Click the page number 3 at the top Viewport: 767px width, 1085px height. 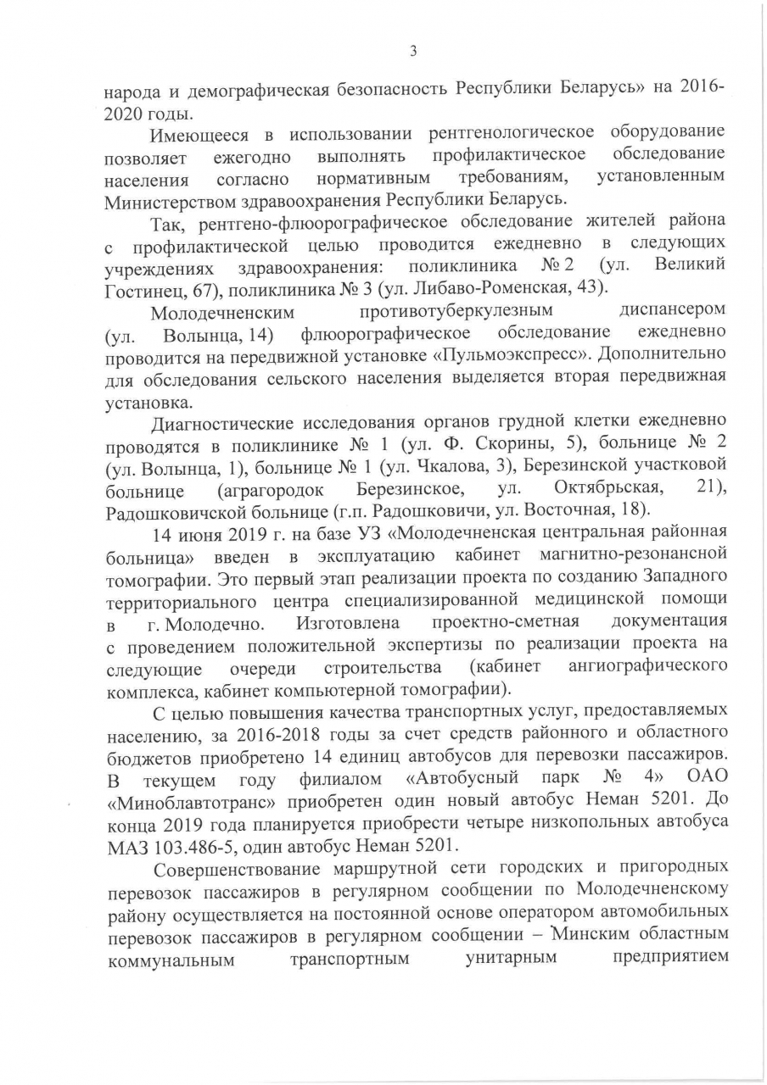tap(412, 52)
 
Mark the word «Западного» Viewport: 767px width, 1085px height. tap(677, 576)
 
